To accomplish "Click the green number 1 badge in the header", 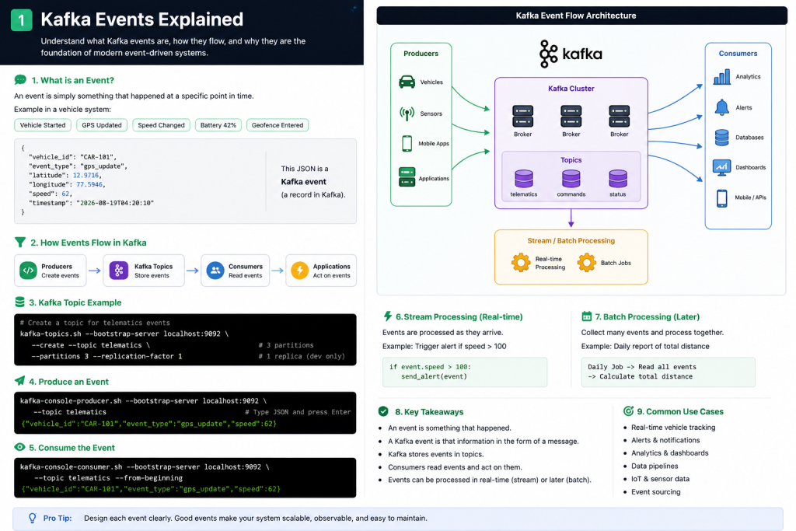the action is click(21, 19).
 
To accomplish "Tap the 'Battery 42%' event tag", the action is click(218, 125).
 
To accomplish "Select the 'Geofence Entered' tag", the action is click(278, 125).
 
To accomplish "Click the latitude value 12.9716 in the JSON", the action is click(86, 175).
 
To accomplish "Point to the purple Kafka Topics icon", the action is click(119, 270).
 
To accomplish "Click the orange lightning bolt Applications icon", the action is click(299, 270).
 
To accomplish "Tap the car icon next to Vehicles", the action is click(407, 82).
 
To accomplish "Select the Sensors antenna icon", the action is click(407, 114).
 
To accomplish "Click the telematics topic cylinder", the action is click(523, 179).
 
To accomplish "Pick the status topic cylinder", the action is click(618, 179).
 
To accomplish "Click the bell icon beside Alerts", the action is click(721, 107).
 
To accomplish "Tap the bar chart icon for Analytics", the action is click(721, 77).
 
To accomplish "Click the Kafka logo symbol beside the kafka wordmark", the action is click(548, 54).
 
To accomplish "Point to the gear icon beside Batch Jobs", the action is click(586, 263).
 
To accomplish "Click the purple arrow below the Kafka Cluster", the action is click(571, 218).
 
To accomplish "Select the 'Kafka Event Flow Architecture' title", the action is click(576, 16).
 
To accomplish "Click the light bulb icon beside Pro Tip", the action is click(33, 518).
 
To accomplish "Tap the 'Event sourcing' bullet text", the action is click(655, 491).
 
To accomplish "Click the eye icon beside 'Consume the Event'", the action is click(19, 447).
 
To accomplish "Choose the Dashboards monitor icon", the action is click(721, 167).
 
